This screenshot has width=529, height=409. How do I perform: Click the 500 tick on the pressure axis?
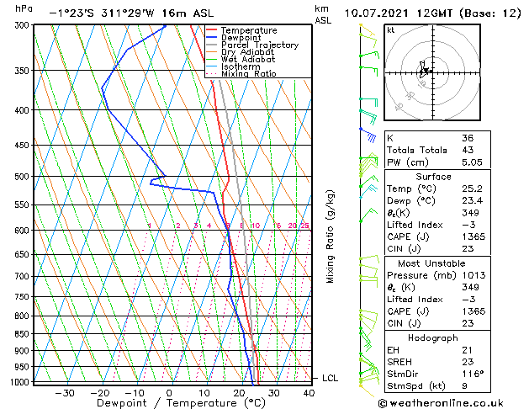click(23, 177)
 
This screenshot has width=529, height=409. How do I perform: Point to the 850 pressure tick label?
click(23, 334)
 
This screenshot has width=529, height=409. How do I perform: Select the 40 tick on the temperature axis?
click(309, 393)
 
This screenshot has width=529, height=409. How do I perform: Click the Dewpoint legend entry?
click(243, 38)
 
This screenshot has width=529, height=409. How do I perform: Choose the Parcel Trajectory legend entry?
click(259, 45)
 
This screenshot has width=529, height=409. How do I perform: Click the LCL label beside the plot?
click(330, 379)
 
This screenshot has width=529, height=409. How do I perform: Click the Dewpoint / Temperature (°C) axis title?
click(169, 404)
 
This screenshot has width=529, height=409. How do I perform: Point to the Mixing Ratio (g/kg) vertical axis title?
click(331, 236)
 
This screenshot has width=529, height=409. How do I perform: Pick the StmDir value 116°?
click(472, 374)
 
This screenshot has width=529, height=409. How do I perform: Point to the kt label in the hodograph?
click(391, 29)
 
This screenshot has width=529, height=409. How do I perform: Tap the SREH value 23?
click(468, 361)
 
